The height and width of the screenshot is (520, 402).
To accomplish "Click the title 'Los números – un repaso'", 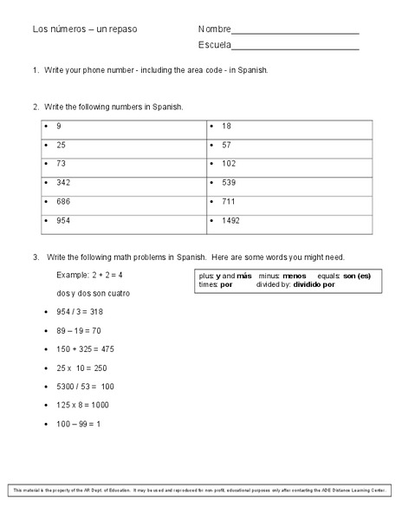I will pos(85,29).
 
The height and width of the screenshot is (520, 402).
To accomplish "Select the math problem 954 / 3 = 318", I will pos(80,311).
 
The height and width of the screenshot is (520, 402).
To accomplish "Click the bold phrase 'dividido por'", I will pos(314,284).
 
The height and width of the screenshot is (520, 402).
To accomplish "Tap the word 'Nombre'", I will pos(214,29).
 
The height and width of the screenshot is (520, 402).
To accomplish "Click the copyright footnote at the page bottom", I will pos(201,491).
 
